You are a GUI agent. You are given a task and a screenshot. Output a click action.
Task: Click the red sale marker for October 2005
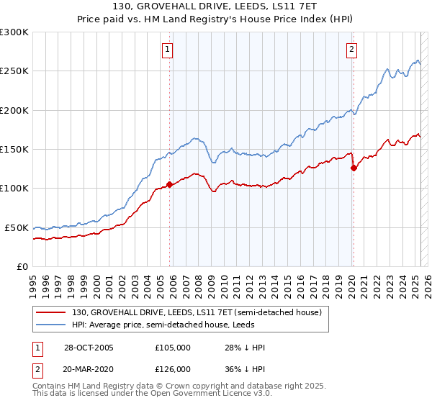coord(170,184)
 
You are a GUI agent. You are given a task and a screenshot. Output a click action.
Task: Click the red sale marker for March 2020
coord(354,168)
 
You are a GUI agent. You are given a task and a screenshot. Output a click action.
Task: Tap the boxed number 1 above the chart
coord(167,50)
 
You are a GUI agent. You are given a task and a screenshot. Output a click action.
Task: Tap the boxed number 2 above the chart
coord(351,50)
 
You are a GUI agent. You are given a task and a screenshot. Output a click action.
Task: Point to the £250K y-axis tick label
coord(14,71)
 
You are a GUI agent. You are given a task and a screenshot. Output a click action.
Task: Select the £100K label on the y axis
coord(14,189)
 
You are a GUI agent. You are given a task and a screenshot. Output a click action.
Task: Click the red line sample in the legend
coord(51,312)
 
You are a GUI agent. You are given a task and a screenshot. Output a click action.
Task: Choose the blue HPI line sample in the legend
coord(51,325)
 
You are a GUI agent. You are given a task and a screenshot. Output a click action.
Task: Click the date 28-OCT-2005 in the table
coord(88,348)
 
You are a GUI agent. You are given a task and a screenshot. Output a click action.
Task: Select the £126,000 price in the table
coord(173,368)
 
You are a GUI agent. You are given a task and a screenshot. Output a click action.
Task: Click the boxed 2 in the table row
coord(38,368)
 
